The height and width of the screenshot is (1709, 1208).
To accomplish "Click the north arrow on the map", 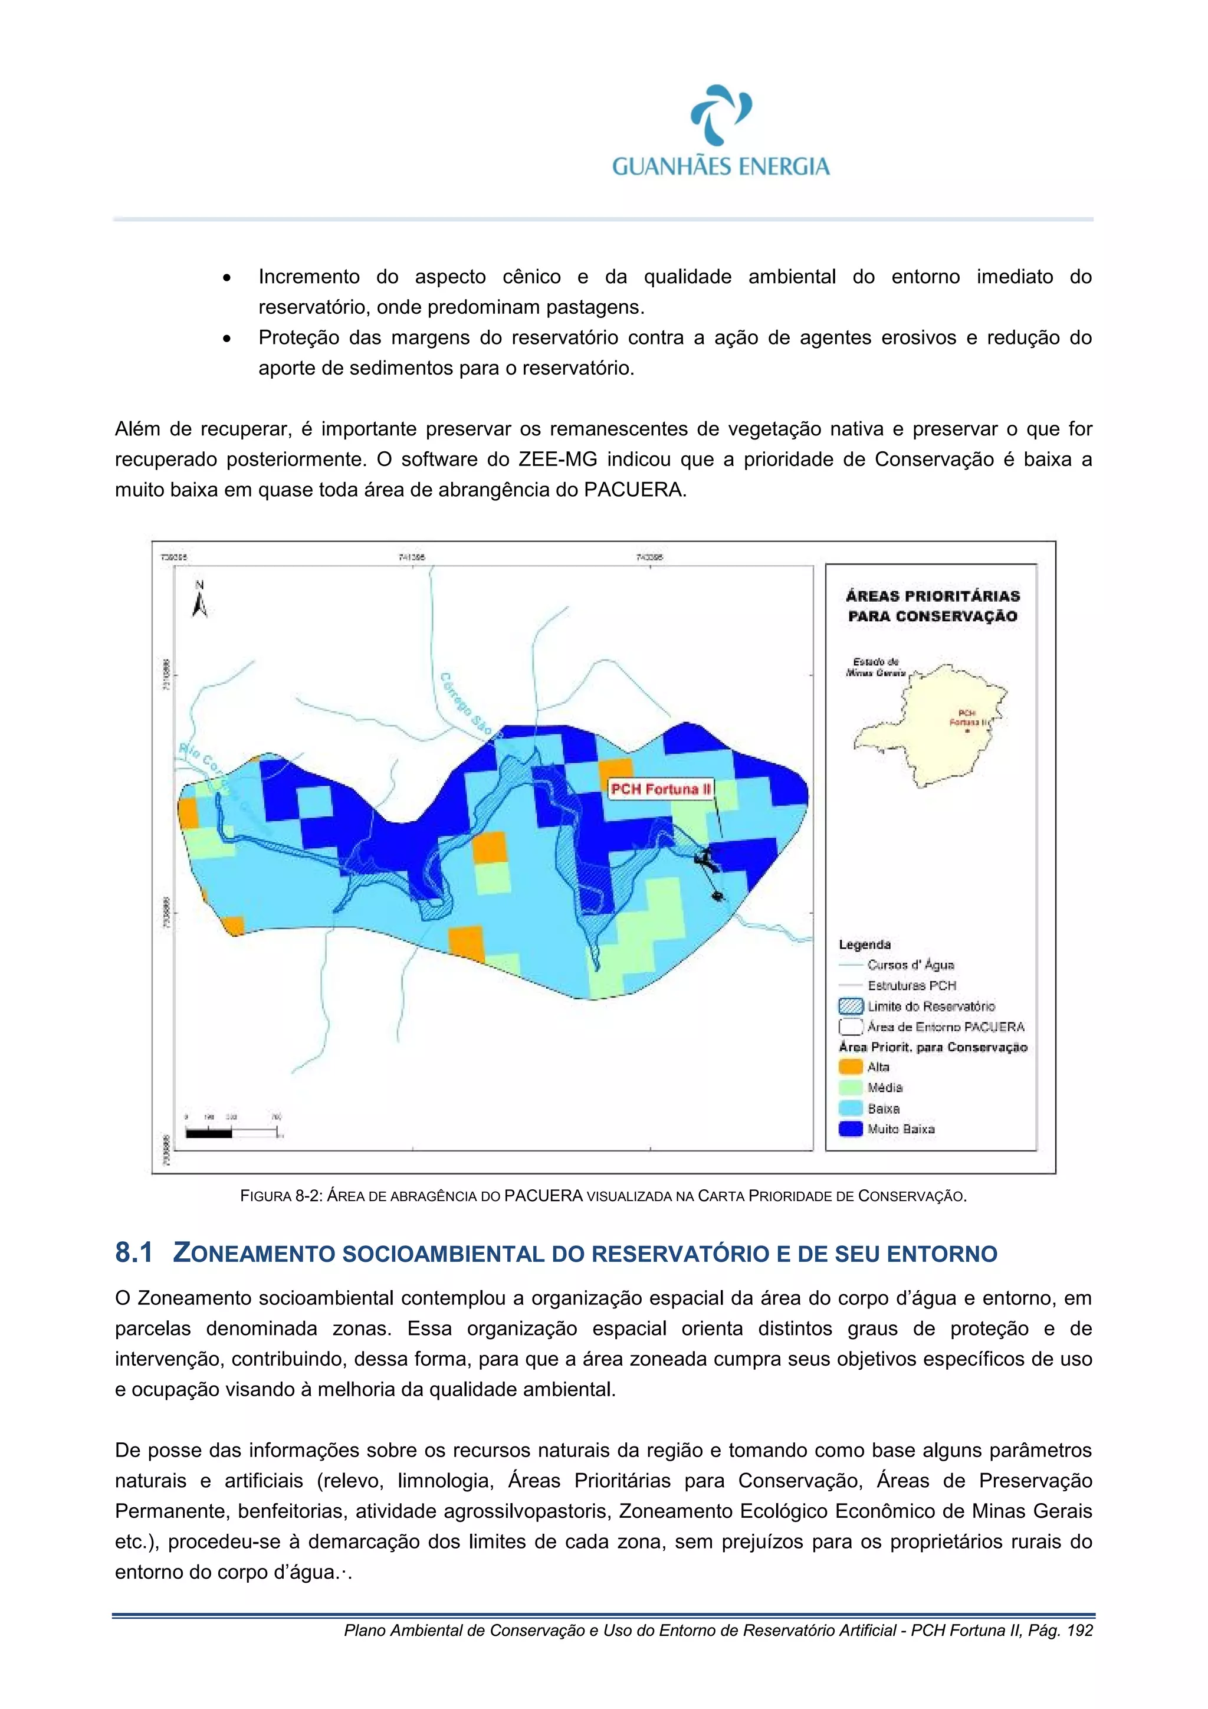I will (x=199, y=600).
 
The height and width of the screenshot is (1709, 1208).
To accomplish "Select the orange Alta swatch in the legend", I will (x=851, y=1067).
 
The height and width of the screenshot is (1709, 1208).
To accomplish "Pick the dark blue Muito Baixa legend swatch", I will (x=851, y=1129).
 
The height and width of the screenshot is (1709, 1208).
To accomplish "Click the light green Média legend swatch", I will (x=851, y=1087).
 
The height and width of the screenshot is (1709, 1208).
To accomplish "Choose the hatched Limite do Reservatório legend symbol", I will (x=851, y=1006).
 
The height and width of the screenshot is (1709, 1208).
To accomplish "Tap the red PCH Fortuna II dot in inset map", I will (x=967, y=731).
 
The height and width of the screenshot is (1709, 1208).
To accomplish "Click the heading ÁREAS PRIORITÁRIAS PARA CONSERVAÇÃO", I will (x=932, y=606).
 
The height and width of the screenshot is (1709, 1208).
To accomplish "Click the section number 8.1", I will (x=134, y=1253).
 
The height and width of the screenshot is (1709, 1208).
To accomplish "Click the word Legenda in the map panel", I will (x=864, y=944).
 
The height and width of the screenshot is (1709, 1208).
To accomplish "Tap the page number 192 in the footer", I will (x=1079, y=1631).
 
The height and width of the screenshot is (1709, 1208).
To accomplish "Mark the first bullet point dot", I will (x=226, y=278).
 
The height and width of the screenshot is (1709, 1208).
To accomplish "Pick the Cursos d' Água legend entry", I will (x=910, y=965).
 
